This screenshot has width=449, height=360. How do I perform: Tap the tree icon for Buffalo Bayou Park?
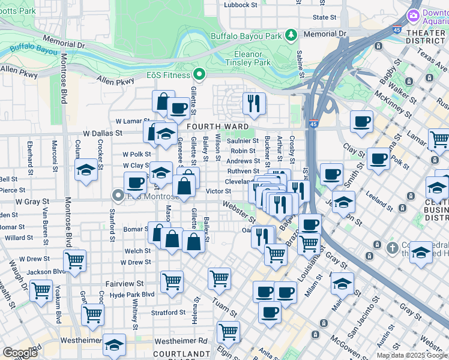pyautogui.click(x=291, y=35)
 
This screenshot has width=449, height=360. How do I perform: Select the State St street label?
pyautogui.click(x=325, y=17)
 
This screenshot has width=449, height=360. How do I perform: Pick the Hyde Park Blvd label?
pyautogui.click(x=124, y=295)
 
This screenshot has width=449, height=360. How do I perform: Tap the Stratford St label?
pyautogui.click(x=168, y=313)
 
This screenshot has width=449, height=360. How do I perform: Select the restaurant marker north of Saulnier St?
pyautogui.click(x=255, y=104)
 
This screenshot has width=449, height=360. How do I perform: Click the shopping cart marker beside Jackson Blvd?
pyautogui.click(x=75, y=261)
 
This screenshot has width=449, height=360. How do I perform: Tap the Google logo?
pyautogui.click(x=20, y=353)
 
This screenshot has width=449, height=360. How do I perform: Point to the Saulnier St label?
pyautogui.click(x=243, y=141)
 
